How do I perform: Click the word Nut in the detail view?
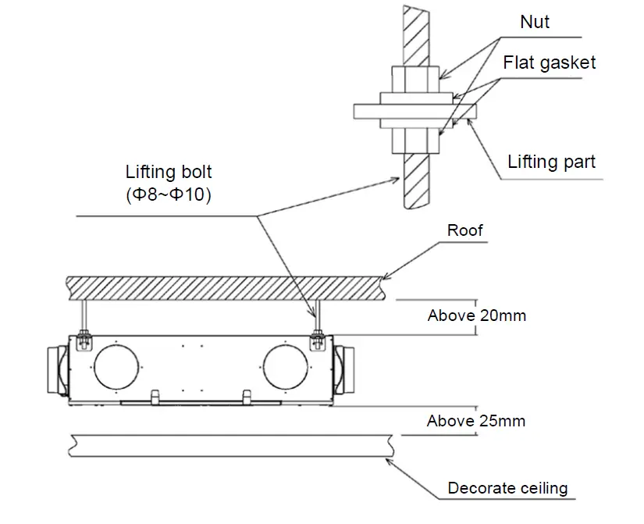[535, 22]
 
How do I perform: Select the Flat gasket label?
[549, 62]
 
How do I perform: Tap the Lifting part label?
[551, 162]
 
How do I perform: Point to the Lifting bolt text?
[169, 172]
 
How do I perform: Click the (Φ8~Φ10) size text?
[169, 195]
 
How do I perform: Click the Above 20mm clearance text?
[476, 315]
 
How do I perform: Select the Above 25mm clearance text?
[475, 421]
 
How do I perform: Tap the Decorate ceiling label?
[507, 489]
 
